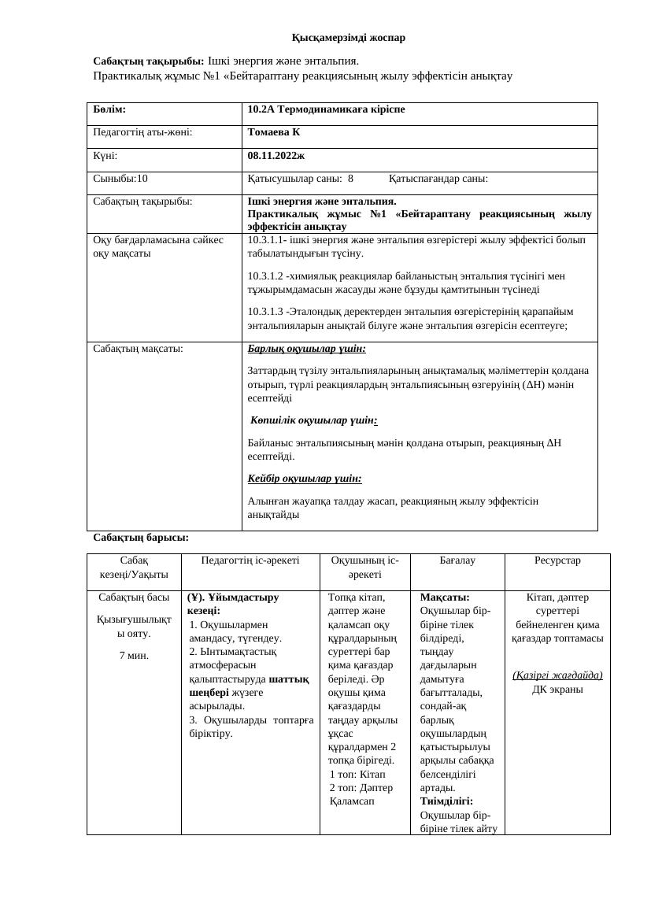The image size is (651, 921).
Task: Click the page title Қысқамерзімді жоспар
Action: [348, 38]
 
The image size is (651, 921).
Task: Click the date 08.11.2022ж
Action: [276, 156]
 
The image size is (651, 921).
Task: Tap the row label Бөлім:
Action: [109, 109]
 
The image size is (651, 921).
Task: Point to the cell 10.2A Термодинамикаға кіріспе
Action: [326, 109]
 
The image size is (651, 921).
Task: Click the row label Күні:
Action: [105, 156]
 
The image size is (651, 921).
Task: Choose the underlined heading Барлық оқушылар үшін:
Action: [306, 349]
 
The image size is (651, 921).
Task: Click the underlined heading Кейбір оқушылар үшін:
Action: [305, 478]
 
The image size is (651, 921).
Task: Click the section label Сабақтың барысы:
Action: [141, 538]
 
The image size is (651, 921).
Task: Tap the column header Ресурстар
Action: [557, 560]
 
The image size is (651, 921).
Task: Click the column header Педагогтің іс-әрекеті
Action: [250, 560]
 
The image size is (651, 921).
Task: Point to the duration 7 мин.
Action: [134, 655]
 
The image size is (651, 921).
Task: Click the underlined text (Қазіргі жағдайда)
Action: [557, 675]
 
